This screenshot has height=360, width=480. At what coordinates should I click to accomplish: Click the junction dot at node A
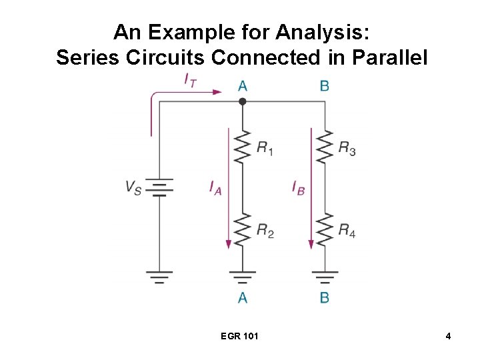coord(243,101)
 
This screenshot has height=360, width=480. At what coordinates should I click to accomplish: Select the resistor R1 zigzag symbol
coord(243,147)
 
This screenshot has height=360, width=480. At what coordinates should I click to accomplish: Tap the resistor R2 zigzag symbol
coord(243,229)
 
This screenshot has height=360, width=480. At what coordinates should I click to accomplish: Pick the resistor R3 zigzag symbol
coord(324,147)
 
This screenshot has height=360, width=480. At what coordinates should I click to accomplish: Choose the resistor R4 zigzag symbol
coord(324,229)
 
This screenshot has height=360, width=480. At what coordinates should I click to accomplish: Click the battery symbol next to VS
coord(159,187)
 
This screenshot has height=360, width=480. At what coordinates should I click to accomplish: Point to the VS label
coord(133,187)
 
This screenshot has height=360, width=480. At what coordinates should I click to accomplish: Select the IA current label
coord(215,188)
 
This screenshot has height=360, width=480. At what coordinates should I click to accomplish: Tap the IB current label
coord(298,188)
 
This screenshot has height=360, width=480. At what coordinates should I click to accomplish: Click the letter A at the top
coord(243,85)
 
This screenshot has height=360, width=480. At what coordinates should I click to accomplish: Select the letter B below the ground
coord(324,297)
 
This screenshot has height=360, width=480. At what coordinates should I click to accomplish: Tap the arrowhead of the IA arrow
coord(229,244)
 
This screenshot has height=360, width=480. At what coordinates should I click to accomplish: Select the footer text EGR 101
coord(239,336)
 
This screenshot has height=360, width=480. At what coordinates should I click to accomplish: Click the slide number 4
coord(449,336)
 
